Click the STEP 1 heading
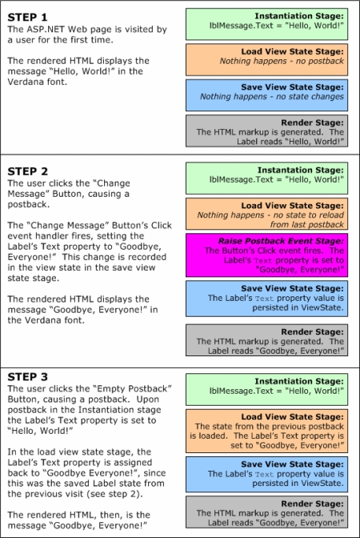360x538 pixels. point(27,17)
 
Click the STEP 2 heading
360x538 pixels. point(28,171)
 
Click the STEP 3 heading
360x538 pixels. point(28,377)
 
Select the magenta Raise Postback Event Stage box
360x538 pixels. point(266,255)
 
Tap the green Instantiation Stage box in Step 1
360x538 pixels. point(266,24)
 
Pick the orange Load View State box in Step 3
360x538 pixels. point(266,431)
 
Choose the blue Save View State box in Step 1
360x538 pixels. point(266,95)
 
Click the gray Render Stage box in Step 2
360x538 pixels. point(266,340)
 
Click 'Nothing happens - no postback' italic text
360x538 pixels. point(282,61)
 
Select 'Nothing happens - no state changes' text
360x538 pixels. point(272,97)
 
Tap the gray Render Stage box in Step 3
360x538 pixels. point(266,512)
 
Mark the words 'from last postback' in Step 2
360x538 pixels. point(307,225)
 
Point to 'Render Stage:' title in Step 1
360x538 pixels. point(312,122)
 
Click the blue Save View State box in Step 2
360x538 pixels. point(266,299)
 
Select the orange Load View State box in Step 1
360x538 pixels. point(266,60)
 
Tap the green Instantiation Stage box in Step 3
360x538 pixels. point(266,389)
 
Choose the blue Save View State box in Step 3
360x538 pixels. point(266,475)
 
